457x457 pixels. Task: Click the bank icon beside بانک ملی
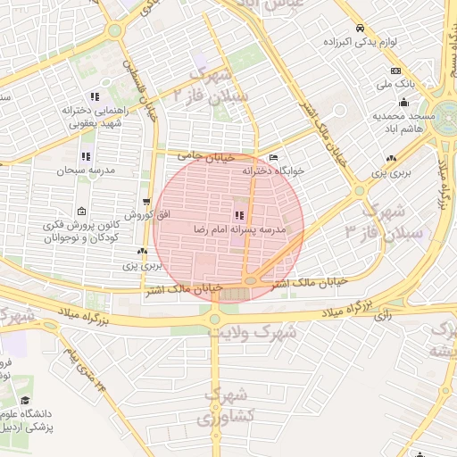click(396, 71)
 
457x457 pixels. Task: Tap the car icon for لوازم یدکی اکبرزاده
click(359, 29)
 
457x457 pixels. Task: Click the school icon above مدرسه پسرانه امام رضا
click(238, 215)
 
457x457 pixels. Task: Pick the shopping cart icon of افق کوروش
click(146, 202)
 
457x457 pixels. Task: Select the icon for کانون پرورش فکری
click(81, 212)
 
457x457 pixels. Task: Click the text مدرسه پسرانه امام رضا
click(238, 229)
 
